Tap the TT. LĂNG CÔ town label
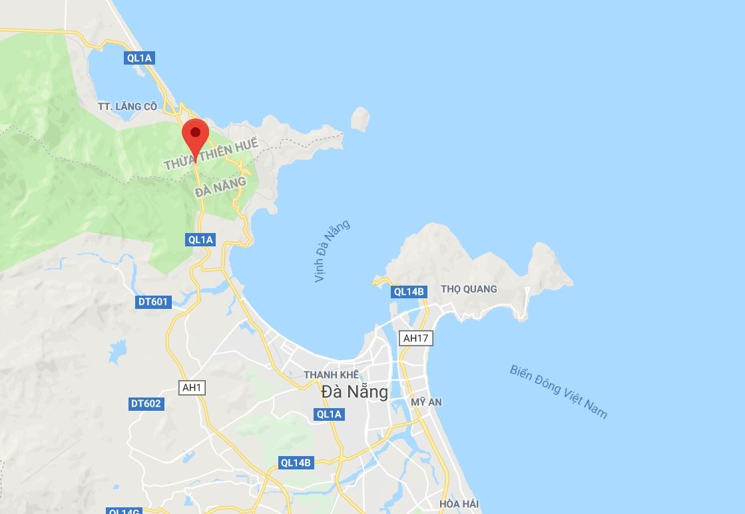[x=126, y=107]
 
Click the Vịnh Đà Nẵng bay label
[x=332, y=251]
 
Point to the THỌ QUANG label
[x=469, y=289]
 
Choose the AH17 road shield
[x=415, y=338]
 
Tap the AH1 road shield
[x=192, y=387]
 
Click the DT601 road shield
[x=153, y=302]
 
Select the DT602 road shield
[x=146, y=403]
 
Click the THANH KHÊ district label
[x=331, y=375]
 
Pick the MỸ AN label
[x=427, y=402]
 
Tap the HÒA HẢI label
[x=459, y=504]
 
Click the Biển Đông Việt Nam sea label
[x=559, y=391]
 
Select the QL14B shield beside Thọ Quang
[x=408, y=291]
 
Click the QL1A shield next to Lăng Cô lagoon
[x=140, y=58]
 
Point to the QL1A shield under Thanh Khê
[x=329, y=414]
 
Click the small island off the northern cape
[x=360, y=119]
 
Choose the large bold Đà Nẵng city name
[x=354, y=391]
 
